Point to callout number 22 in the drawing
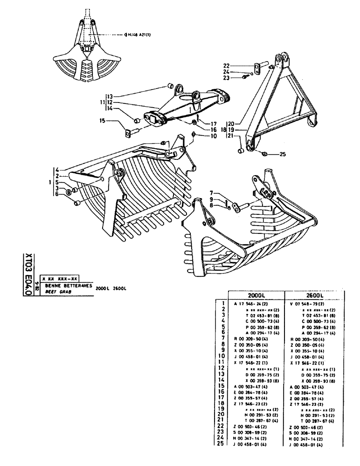pyautogui.click(x=239, y=65)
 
